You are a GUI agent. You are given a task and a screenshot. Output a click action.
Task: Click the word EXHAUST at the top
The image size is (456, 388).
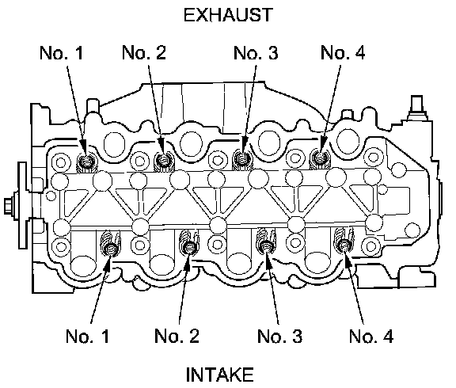tap(228, 15)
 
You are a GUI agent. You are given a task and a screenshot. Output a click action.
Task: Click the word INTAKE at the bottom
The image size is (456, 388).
tap(219, 375)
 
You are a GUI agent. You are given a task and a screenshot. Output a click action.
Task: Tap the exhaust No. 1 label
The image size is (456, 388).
tap(62, 53)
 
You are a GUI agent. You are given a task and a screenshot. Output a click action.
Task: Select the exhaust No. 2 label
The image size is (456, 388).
tap(144, 52)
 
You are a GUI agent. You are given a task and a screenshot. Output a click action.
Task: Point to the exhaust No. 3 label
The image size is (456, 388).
tap(256, 53)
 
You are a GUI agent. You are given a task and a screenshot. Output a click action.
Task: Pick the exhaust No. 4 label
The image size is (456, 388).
tap(343, 52)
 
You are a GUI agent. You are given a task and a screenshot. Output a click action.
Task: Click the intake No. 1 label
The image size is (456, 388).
tap(88, 337)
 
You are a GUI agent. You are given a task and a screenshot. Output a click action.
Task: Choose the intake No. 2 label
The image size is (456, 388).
tap(177, 336)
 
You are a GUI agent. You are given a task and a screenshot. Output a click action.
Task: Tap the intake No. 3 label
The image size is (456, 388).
tap(279, 336)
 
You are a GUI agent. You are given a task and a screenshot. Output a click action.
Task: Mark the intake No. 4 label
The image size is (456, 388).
tap(371, 336)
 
